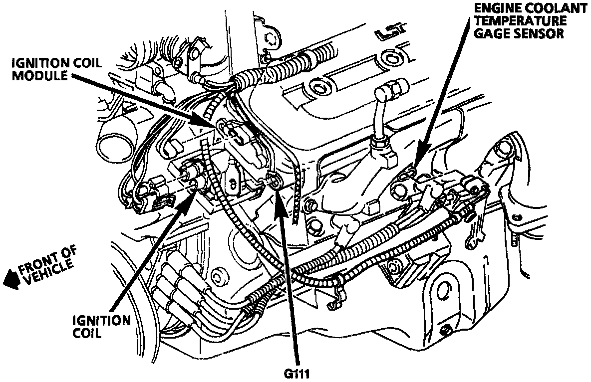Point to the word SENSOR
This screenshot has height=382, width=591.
(x=542, y=33)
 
